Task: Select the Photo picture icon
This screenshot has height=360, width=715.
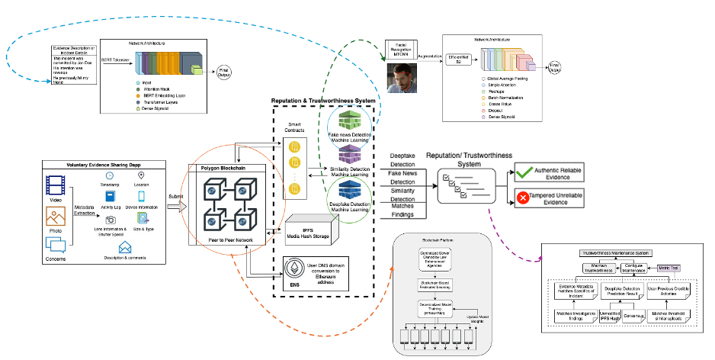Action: pyautogui.click(x=56, y=216)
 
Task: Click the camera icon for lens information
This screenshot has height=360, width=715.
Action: pyautogui.click(x=111, y=219)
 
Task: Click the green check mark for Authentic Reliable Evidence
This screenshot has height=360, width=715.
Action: pyautogui.click(x=524, y=172)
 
